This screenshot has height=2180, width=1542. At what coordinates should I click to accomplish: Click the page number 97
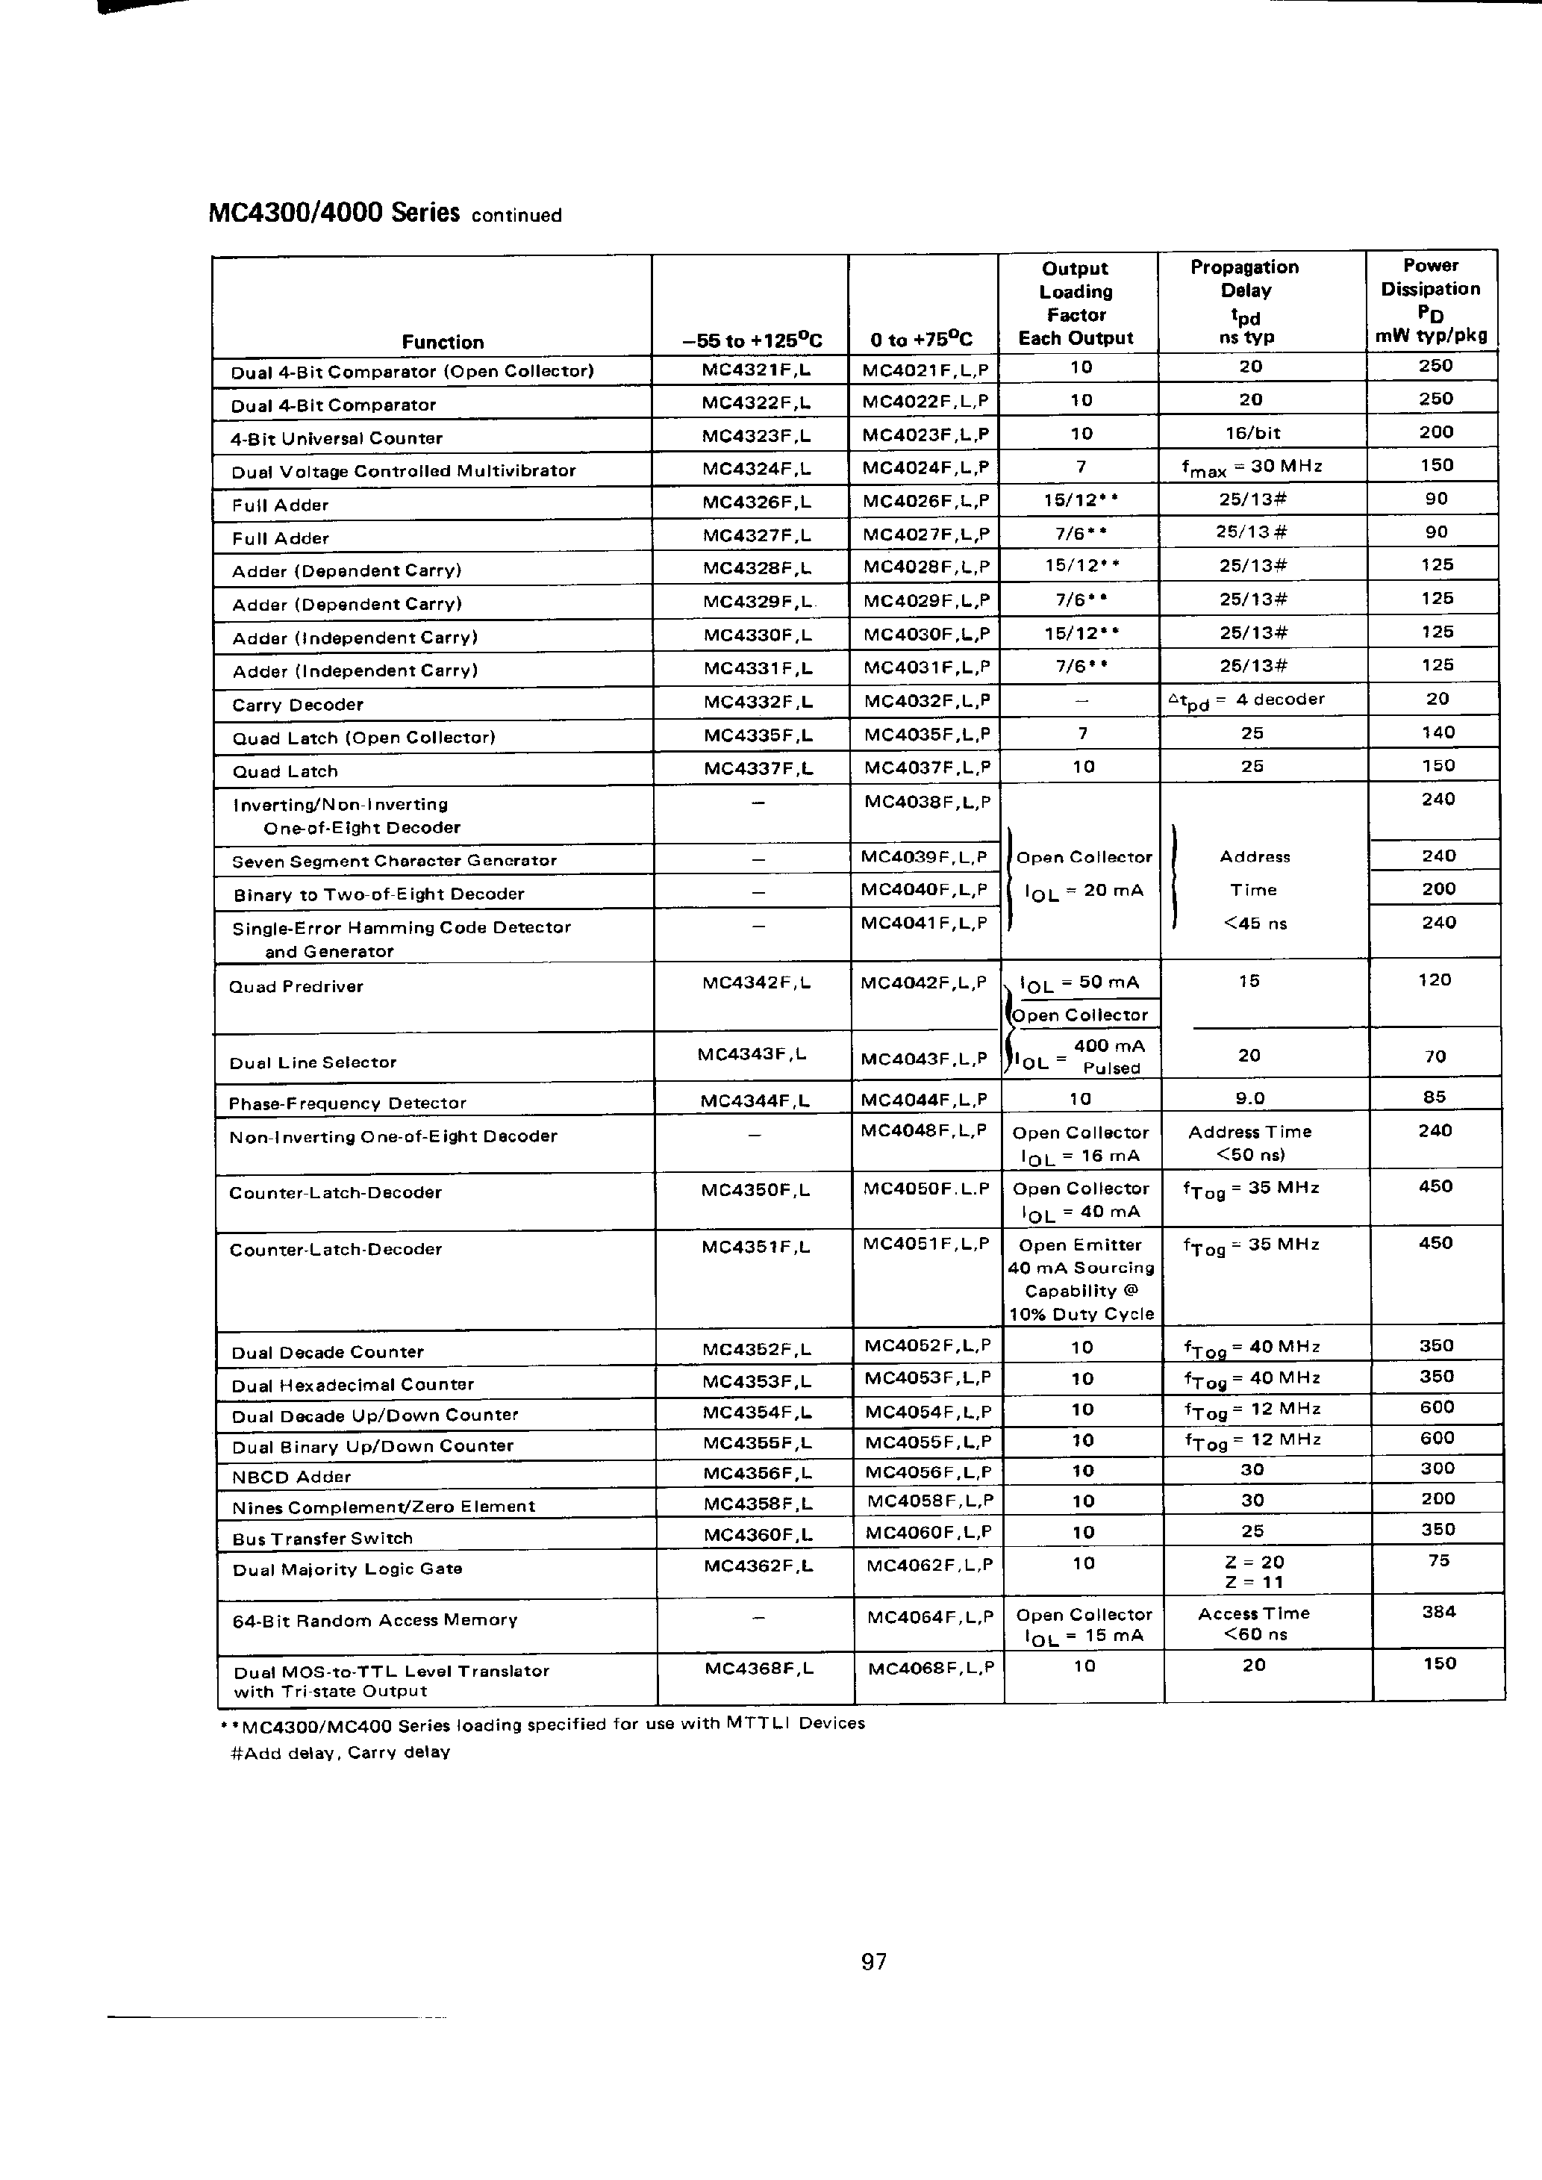pos(873,1961)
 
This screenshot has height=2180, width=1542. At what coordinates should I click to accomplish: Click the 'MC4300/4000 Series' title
pos(334,212)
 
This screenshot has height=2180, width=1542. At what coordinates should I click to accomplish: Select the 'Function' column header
pos(443,342)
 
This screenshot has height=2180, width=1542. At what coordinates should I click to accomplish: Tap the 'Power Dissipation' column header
pos(1430,277)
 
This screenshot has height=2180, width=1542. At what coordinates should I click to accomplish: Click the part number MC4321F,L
pos(756,370)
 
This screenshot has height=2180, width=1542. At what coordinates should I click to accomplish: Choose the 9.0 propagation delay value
pos(1249,1098)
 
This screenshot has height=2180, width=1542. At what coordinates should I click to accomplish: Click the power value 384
pos(1438,1611)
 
